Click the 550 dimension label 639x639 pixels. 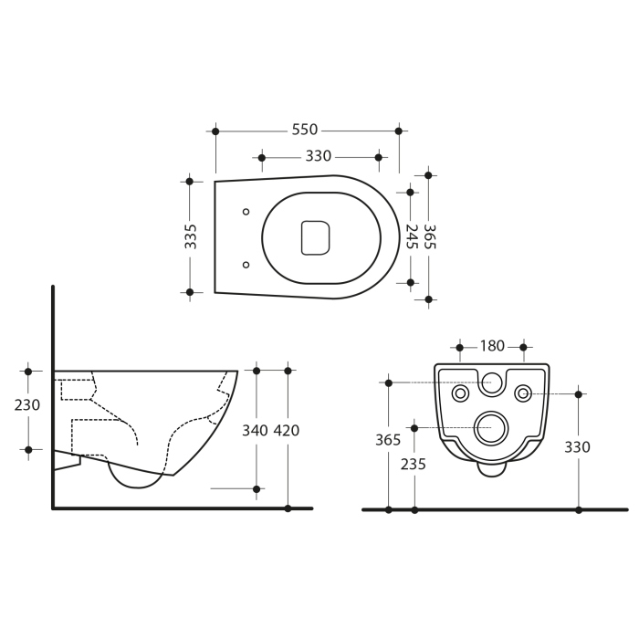[x=304, y=130]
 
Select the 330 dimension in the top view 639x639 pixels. [x=319, y=156]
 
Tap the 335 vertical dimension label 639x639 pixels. [x=190, y=236]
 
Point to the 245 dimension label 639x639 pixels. [x=412, y=236]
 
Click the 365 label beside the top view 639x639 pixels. [x=430, y=236]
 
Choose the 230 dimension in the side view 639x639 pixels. [x=27, y=405]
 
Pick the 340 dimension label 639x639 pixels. [x=255, y=430]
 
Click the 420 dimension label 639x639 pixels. [x=287, y=430]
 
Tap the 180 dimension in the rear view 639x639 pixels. [x=492, y=346]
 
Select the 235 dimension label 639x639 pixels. [x=414, y=464]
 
